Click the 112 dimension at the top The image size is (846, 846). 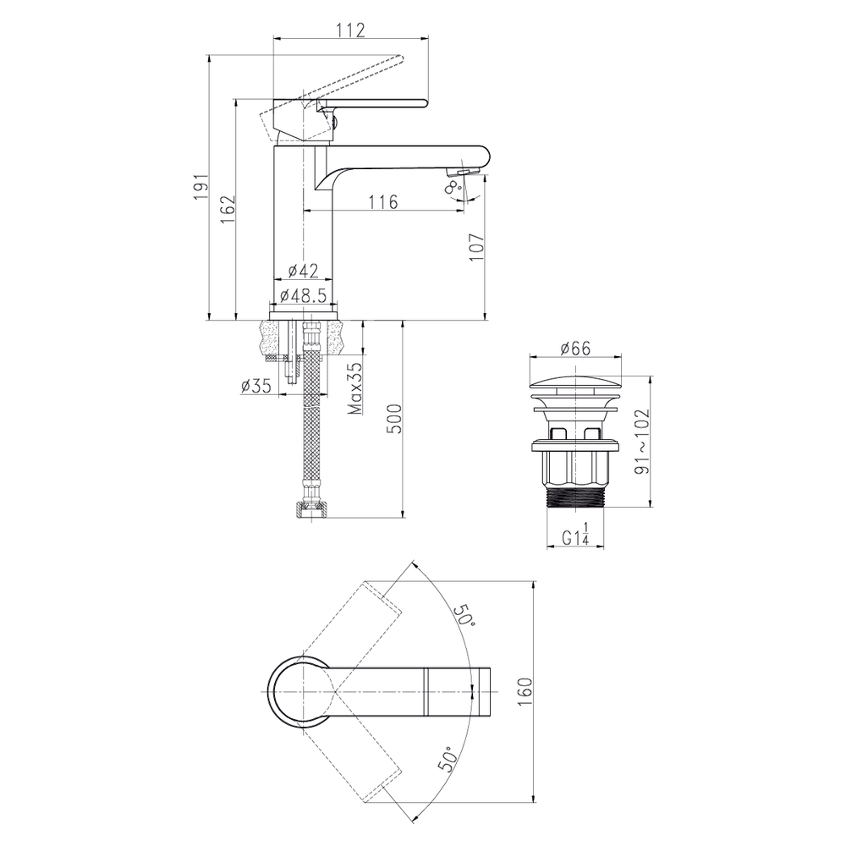click(x=352, y=30)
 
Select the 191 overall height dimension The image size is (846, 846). click(x=201, y=187)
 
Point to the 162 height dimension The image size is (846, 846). click(x=228, y=209)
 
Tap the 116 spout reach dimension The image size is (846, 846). click(x=383, y=202)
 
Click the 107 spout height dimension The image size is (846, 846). click(x=475, y=247)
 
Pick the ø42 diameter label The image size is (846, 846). click(x=303, y=270)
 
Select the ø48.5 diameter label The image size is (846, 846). click(x=304, y=295)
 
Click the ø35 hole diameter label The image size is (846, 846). click(x=255, y=387)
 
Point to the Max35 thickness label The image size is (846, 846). click(x=354, y=388)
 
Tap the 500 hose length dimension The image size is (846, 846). click(x=394, y=418)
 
